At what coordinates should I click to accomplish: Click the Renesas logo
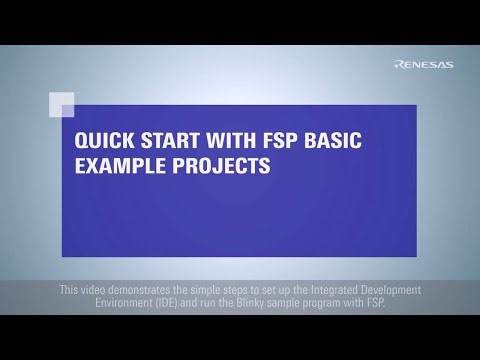(425, 66)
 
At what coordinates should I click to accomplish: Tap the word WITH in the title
(214, 141)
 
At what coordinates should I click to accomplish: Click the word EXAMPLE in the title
(112, 166)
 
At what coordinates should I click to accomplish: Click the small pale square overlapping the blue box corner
(62, 103)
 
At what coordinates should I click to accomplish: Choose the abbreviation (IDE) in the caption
(175, 302)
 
